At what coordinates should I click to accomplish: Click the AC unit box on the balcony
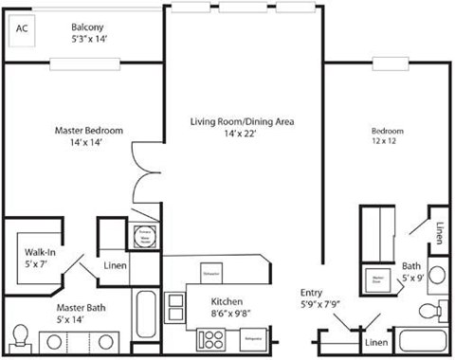click(24, 28)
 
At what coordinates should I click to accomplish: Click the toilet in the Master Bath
click(21, 336)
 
